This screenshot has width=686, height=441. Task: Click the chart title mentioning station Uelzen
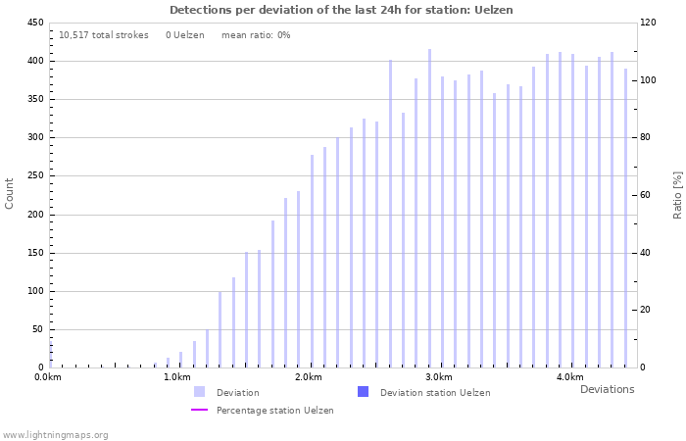click(x=341, y=10)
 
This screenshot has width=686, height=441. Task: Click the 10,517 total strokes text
click(x=104, y=35)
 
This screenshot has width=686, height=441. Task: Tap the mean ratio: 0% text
click(x=256, y=35)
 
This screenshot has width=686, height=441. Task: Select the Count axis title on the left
click(x=10, y=193)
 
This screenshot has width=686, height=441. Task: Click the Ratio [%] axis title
click(x=676, y=194)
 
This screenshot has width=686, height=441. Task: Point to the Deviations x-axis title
click(x=607, y=389)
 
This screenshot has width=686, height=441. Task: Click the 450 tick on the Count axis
click(x=34, y=23)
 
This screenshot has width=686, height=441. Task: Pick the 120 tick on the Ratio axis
click(x=648, y=23)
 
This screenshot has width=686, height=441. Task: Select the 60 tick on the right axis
click(x=648, y=195)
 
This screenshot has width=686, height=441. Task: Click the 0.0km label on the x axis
click(x=48, y=377)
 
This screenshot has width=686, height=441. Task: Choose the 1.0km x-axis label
click(x=177, y=377)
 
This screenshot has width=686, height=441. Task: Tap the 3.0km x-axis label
click(x=439, y=377)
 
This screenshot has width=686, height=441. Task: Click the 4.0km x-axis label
click(x=569, y=377)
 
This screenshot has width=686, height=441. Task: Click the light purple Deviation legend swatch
click(x=199, y=392)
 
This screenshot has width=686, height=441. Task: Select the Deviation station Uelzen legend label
click(x=435, y=393)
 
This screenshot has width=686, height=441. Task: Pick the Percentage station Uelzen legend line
click(x=199, y=411)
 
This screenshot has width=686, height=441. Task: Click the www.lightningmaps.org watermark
click(x=55, y=434)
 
